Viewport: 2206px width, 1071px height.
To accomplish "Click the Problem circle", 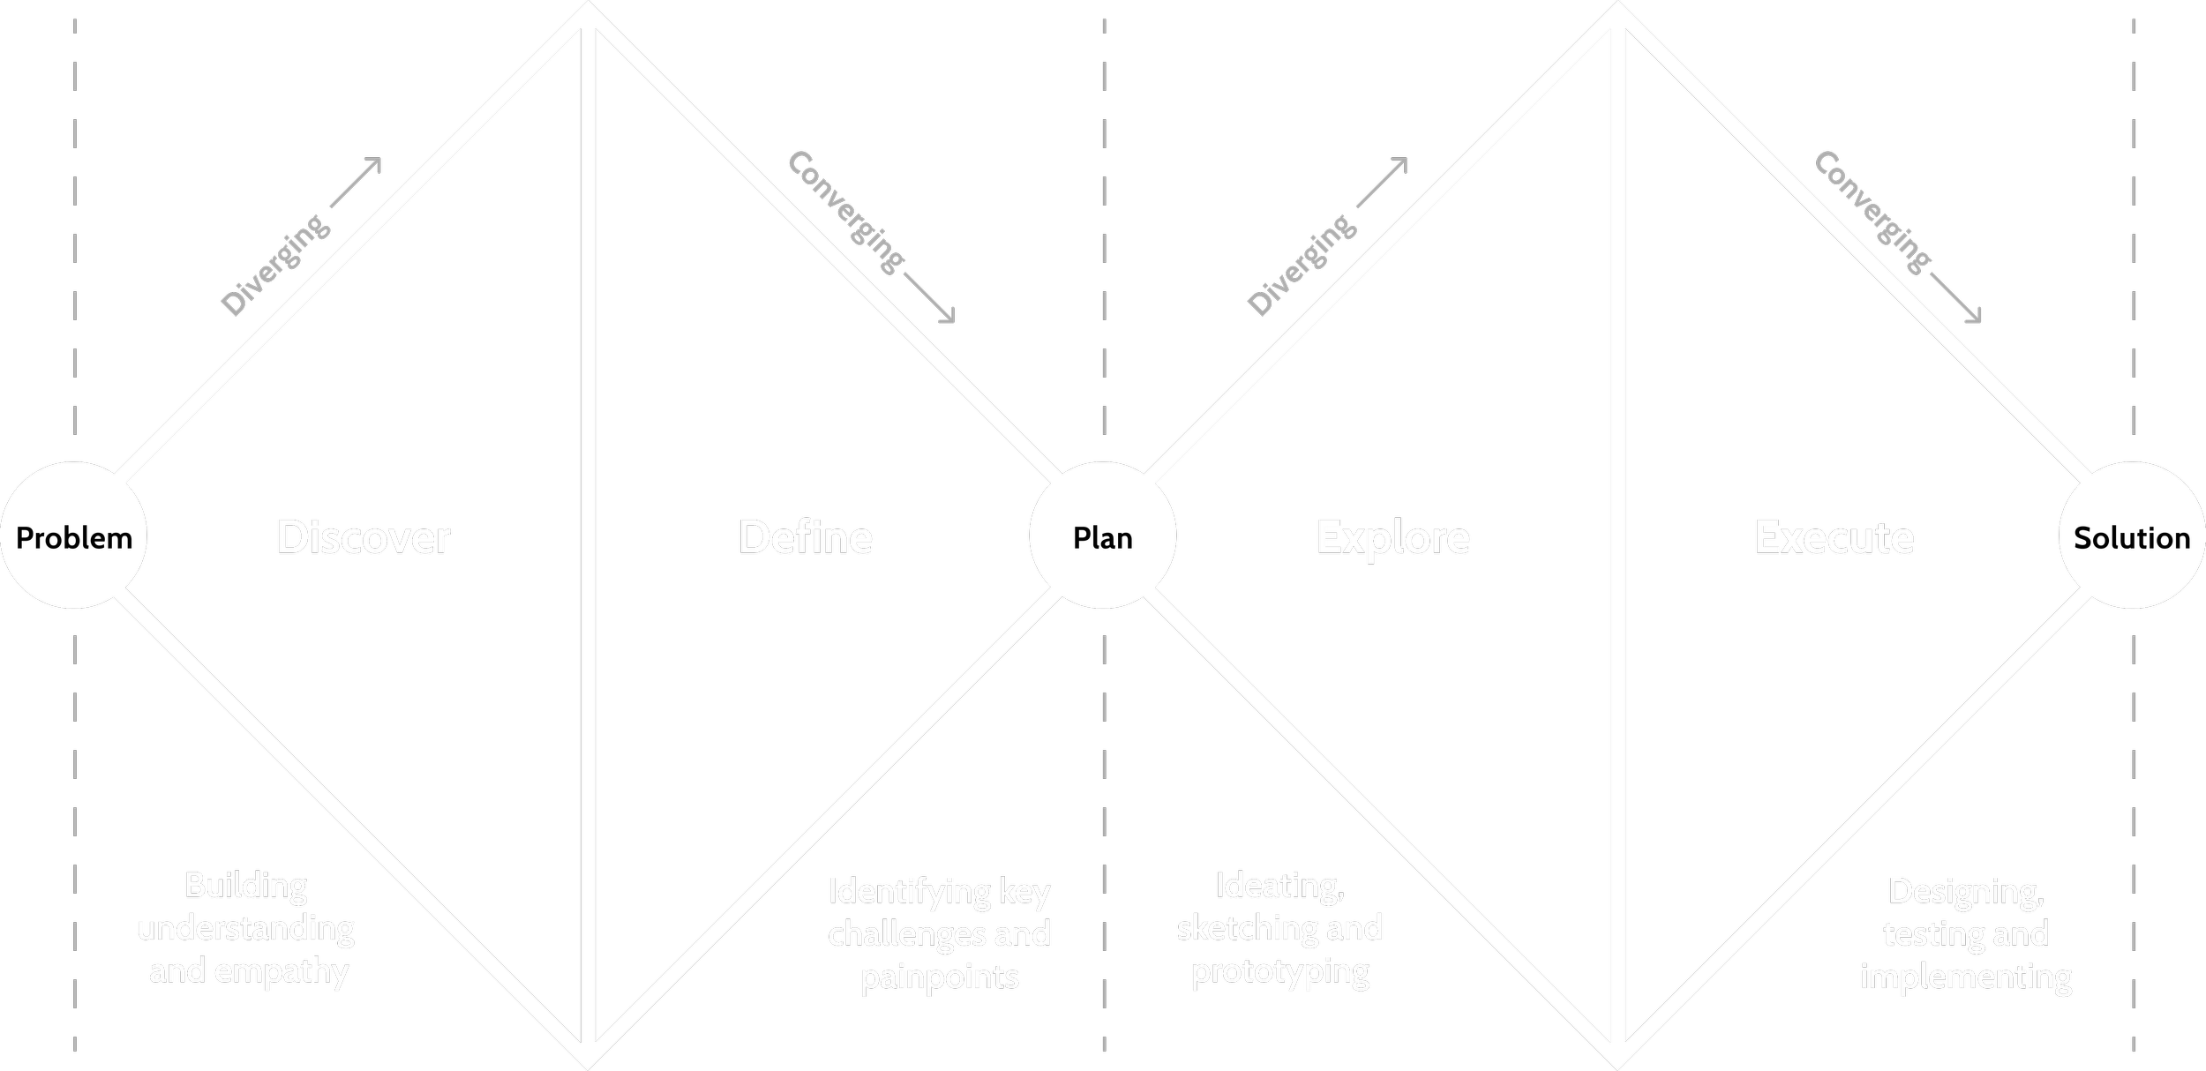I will [x=74, y=535].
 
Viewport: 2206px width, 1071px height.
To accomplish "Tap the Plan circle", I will [x=1103, y=535].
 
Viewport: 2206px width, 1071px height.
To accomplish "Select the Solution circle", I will [x=2132, y=535].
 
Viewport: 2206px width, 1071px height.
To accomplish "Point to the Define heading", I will [x=806, y=537].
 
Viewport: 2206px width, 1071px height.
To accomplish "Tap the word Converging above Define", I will [x=845, y=213].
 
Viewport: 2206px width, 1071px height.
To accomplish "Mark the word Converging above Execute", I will [x=1872, y=213].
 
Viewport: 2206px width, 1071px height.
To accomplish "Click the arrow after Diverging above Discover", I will [x=356, y=183].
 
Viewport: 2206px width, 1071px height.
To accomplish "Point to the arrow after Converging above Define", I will [x=929, y=297].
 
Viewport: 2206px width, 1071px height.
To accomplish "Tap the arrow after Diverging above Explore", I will [x=1382, y=183].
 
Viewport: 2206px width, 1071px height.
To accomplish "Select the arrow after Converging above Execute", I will [x=1955, y=297].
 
